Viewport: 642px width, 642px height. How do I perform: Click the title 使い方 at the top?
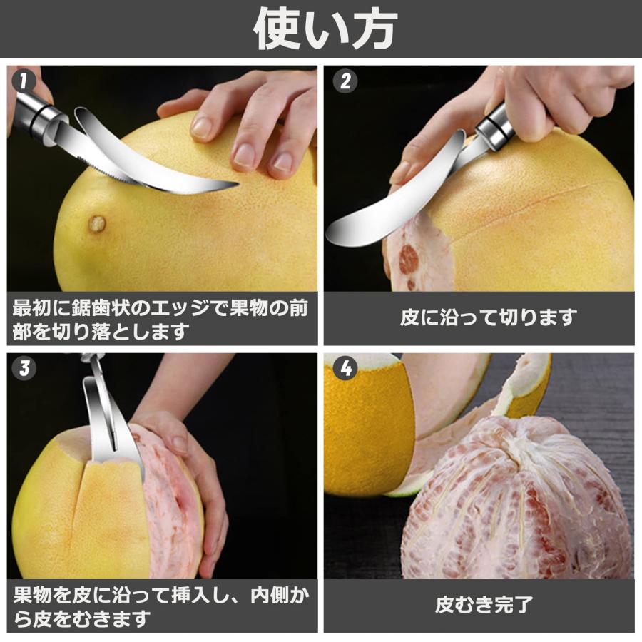(x=325, y=29)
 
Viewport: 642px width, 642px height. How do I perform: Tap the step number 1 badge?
(x=24, y=81)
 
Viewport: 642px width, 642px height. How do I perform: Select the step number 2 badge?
(x=345, y=81)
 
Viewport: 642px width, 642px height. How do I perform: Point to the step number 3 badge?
(x=24, y=368)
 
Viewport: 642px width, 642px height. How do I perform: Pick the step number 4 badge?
(x=345, y=368)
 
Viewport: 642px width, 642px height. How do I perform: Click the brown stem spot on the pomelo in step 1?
(x=97, y=224)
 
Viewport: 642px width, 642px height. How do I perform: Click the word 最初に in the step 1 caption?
(x=36, y=308)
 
